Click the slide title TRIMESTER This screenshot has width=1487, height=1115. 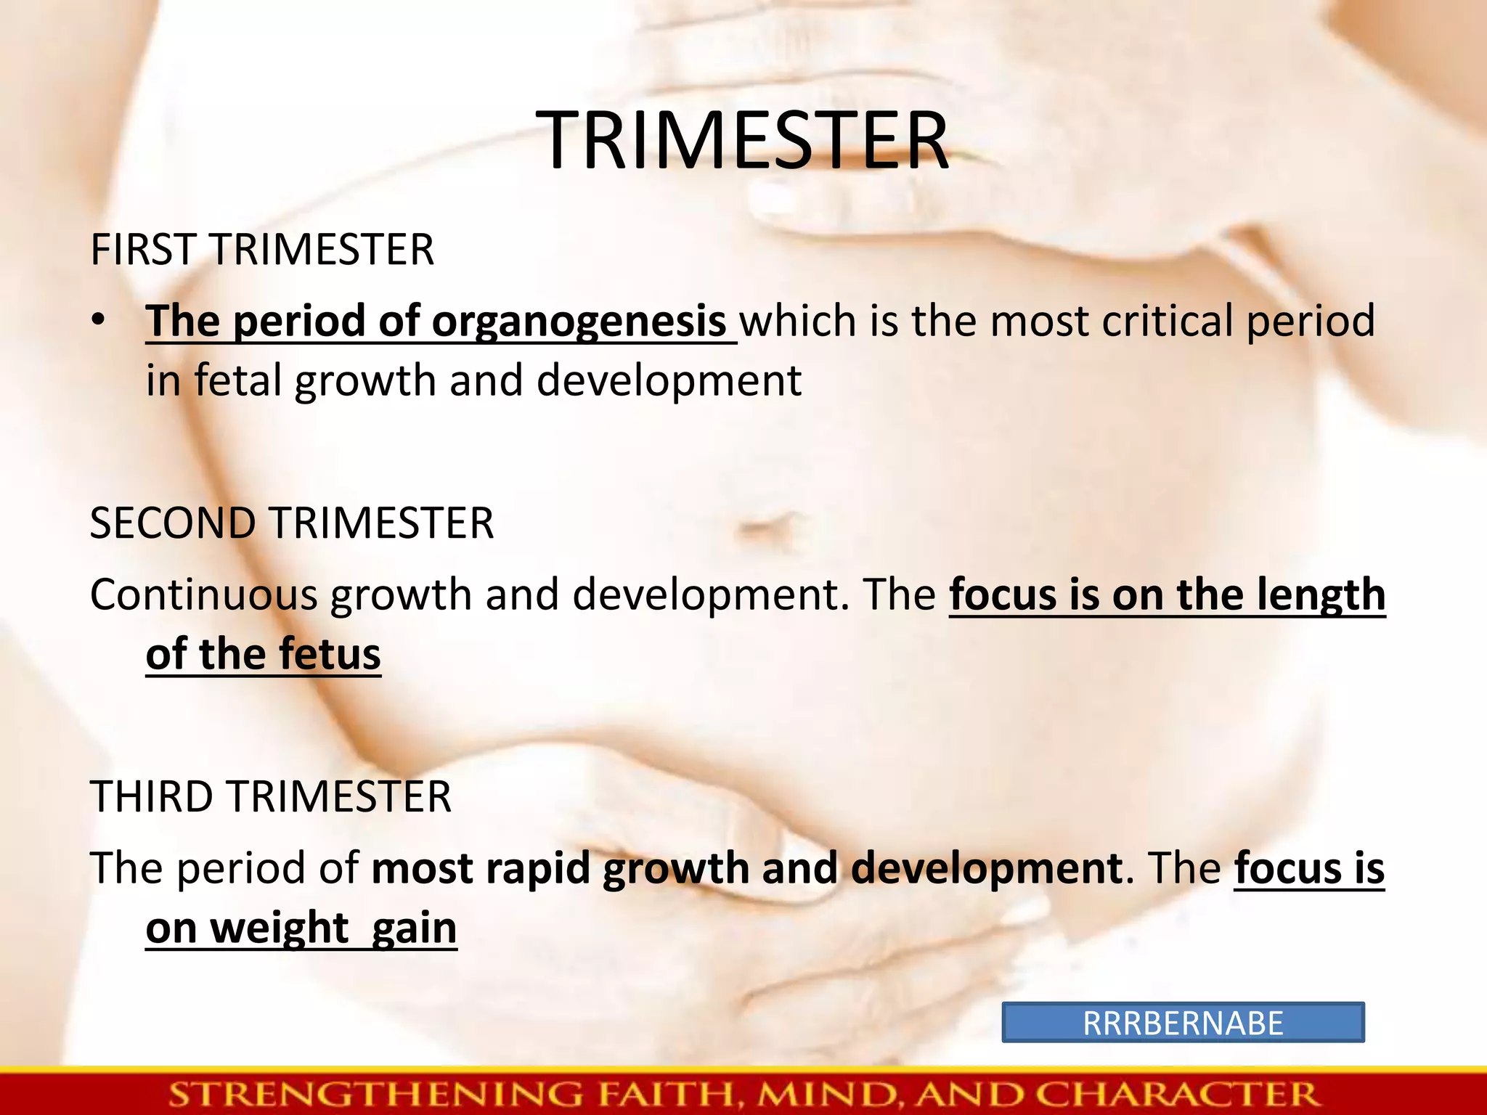click(x=746, y=141)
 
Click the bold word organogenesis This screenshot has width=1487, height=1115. click(x=579, y=322)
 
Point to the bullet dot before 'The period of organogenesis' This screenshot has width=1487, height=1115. click(x=99, y=320)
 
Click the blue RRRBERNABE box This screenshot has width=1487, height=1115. click(x=1183, y=1023)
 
